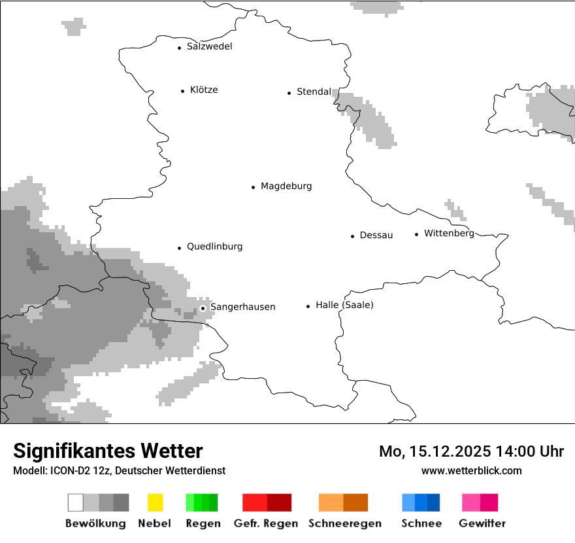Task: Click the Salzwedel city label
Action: coord(209,46)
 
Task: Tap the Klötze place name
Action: coord(204,90)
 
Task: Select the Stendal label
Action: coord(314,92)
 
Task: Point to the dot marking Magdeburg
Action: coord(253,187)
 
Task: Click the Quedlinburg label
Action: coord(214,247)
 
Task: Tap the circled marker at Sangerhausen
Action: coord(203,307)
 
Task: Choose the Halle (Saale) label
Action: coord(344,305)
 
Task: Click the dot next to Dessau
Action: coord(352,236)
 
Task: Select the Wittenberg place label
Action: coord(449,234)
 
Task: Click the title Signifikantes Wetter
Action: coord(108,451)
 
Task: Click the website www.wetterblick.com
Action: coord(471,470)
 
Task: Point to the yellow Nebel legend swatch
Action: coord(155,502)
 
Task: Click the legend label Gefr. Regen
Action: coord(266,523)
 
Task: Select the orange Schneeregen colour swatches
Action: coord(343,502)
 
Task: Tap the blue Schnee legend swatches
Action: coord(421,502)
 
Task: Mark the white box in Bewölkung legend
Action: coord(76,502)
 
